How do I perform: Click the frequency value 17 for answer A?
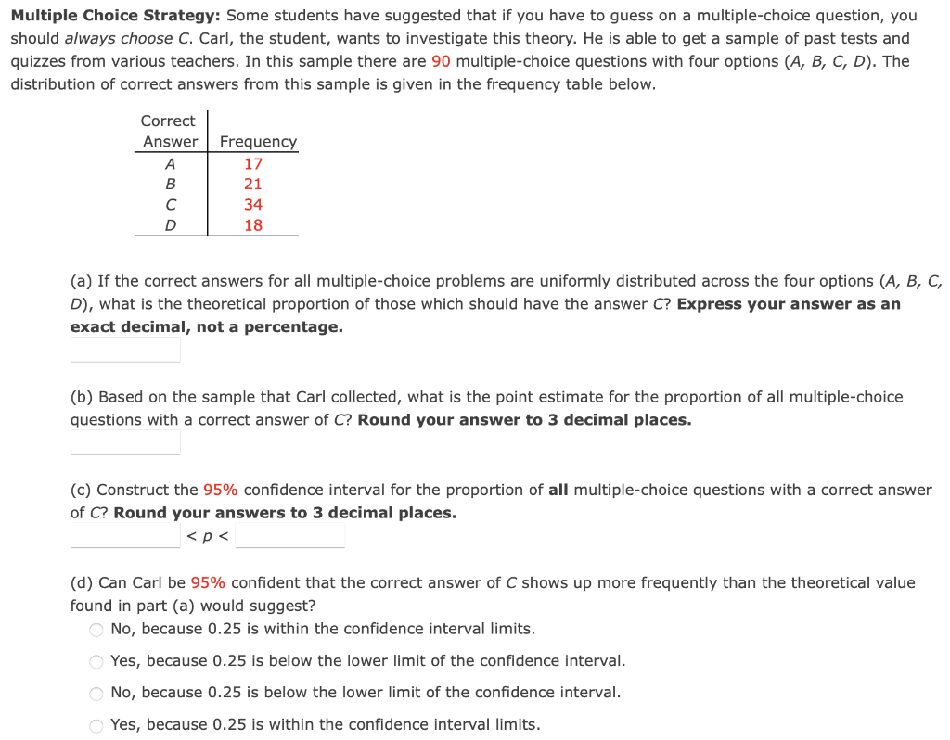[253, 163]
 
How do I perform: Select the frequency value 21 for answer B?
[253, 184]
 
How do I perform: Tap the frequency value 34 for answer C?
[253, 204]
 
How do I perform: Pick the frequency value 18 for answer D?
[253, 224]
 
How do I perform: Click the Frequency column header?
[258, 142]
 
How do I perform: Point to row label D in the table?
[170, 224]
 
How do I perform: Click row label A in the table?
[170, 163]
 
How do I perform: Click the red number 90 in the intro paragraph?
[442, 61]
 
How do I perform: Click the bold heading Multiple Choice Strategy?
[115, 16]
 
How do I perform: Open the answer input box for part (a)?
[125, 350]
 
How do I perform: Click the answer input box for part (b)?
[125, 442]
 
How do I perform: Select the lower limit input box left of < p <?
[125, 535]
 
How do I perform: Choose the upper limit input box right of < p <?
[289, 535]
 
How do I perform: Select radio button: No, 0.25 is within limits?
[96, 630]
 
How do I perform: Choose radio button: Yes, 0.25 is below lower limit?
[96, 661]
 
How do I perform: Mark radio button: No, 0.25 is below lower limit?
[96, 693]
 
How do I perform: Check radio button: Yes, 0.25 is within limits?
[96, 725]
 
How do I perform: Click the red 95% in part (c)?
[221, 490]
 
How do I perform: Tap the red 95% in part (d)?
[208, 582]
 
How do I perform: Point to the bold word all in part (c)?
[558, 490]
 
